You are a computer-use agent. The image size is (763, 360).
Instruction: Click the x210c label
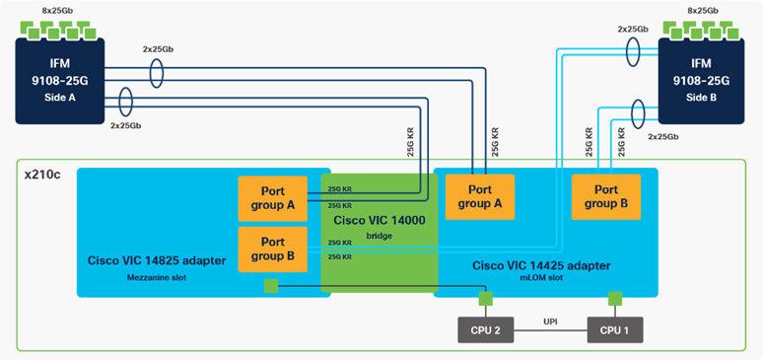click(41, 173)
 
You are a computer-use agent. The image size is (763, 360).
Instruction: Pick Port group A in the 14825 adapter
click(273, 197)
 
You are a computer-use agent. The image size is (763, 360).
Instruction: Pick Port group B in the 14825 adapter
click(273, 248)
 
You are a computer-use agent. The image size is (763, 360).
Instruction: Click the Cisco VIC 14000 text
click(379, 220)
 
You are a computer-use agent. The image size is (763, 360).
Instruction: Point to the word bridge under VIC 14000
click(379, 237)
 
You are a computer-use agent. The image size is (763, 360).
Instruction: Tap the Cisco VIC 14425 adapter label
click(541, 264)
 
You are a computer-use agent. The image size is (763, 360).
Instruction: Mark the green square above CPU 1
click(615, 297)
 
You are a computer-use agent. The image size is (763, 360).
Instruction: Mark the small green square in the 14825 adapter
click(270, 287)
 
